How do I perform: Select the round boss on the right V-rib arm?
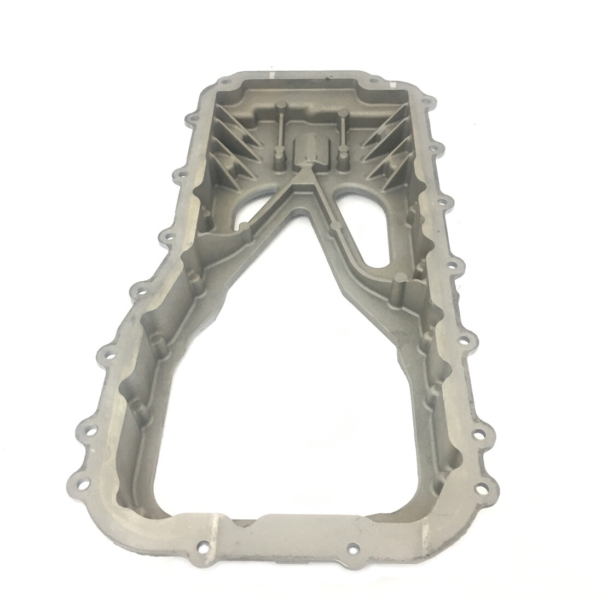(335, 225)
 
